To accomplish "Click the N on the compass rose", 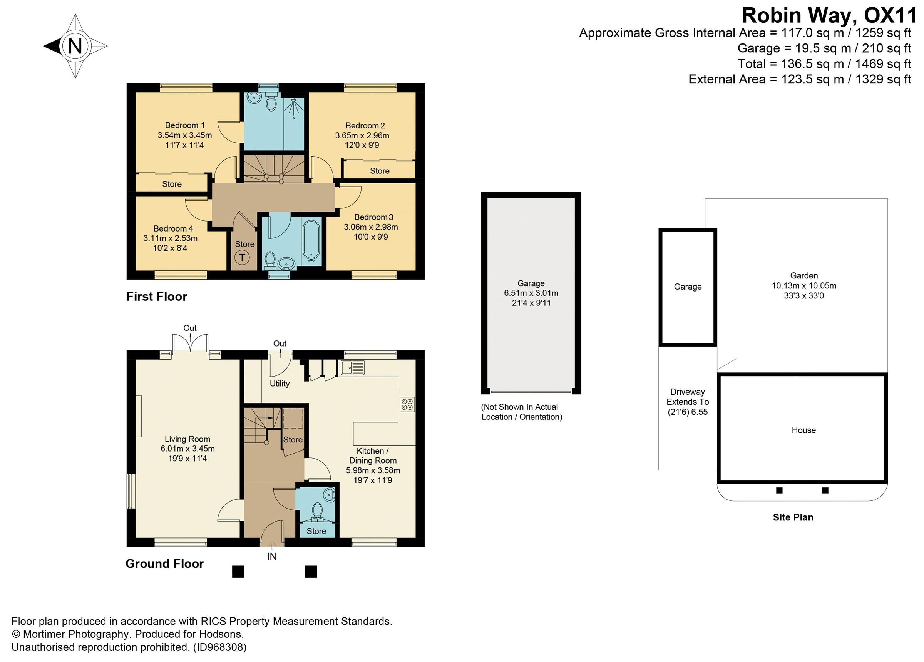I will pyautogui.click(x=75, y=46).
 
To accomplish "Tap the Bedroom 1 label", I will pyautogui.click(x=184, y=125).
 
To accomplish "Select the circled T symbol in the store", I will pyautogui.click(x=242, y=258).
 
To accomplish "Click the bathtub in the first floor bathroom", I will pyautogui.click(x=312, y=240).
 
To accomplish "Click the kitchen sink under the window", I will pyautogui.click(x=353, y=368).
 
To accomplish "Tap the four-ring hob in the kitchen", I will pyautogui.click(x=407, y=404).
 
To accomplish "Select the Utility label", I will pyautogui.click(x=280, y=384).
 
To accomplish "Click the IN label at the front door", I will pyautogui.click(x=272, y=557).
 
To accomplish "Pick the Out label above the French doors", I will pyautogui.click(x=190, y=328).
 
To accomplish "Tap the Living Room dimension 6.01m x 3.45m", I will pyautogui.click(x=187, y=449).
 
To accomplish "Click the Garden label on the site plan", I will pyautogui.click(x=804, y=276).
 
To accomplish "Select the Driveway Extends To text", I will pyautogui.click(x=687, y=397).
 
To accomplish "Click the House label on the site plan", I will pyautogui.click(x=803, y=430).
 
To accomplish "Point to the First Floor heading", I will pyautogui.click(x=156, y=297).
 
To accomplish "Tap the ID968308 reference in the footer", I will pyautogui.click(x=219, y=647).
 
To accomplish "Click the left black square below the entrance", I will pyautogui.click(x=238, y=572).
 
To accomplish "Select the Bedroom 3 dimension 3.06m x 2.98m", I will pyautogui.click(x=371, y=227).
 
